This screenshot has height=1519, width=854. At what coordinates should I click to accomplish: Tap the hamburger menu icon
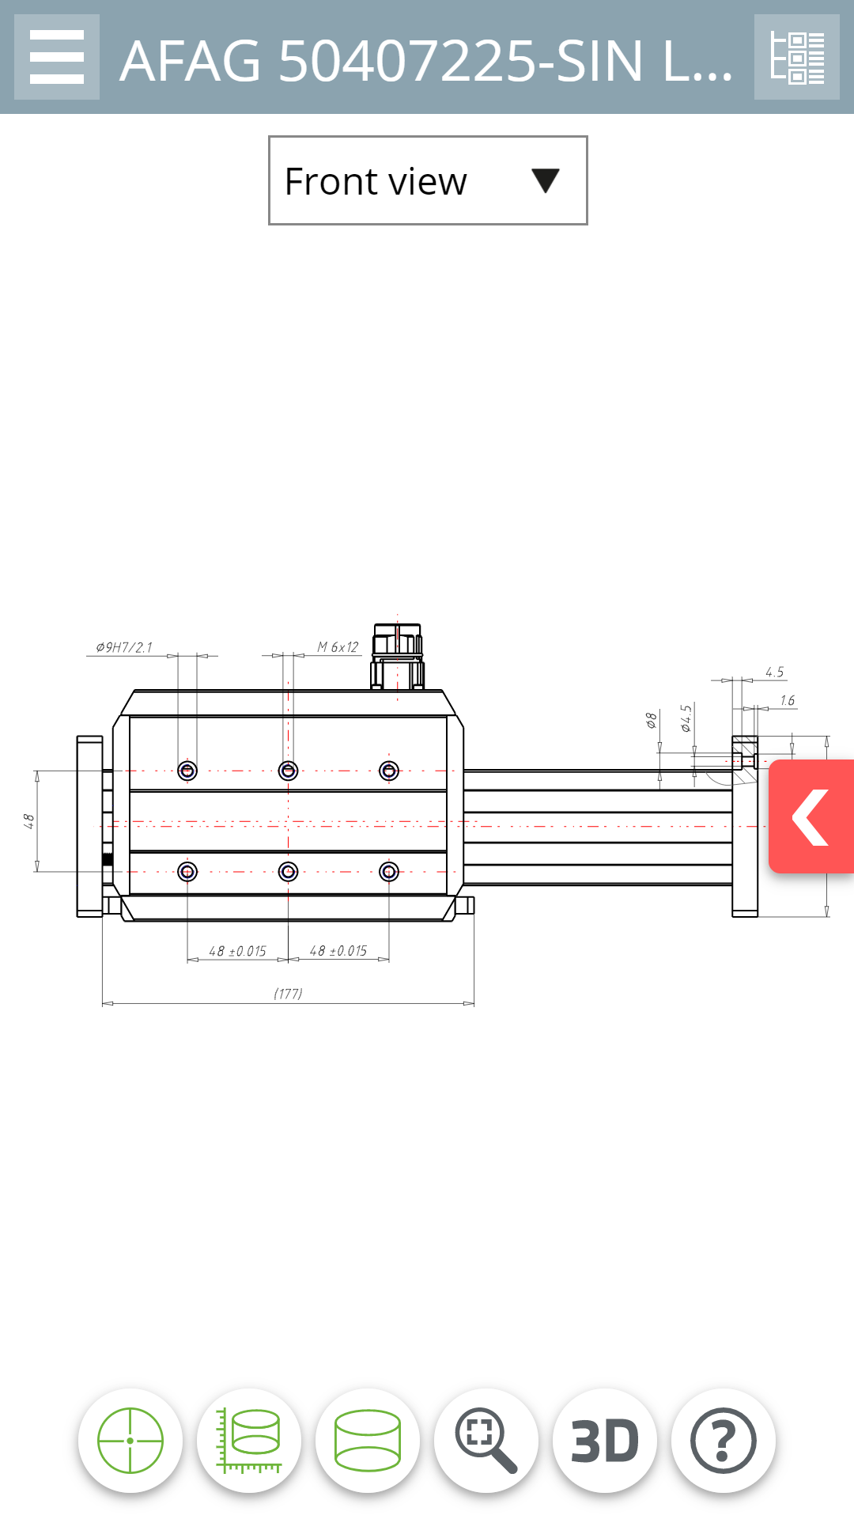point(57,57)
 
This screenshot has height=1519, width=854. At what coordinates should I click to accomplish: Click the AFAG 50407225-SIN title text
point(427,61)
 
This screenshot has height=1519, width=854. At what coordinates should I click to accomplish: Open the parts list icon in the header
point(797,57)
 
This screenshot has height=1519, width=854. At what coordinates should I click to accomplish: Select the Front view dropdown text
point(376,182)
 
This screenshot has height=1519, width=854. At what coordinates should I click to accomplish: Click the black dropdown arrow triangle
point(546,180)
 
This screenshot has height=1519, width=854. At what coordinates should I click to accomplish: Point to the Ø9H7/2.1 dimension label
point(124,647)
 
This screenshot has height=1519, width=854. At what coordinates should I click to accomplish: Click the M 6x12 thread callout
point(338,647)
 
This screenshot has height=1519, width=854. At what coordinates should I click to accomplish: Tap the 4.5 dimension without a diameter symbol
point(774,672)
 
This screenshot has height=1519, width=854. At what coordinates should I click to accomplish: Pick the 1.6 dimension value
point(787,700)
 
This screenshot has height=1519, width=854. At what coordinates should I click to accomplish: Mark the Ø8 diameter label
point(651,720)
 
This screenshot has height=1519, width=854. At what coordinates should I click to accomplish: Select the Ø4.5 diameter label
point(686,718)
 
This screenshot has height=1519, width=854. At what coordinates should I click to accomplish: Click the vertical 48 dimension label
point(28,821)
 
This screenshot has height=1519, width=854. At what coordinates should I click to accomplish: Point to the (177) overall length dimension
point(288,994)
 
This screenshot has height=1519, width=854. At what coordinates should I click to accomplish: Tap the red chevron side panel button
point(811,816)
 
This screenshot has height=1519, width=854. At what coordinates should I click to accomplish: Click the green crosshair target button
point(130,1441)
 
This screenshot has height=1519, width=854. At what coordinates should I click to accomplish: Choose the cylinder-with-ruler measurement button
point(249,1441)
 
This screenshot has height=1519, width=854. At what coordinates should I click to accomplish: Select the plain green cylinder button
point(368,1441)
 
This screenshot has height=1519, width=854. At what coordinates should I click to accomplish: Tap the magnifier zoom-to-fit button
point(486,1441)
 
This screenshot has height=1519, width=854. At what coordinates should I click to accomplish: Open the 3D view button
point(605,1441)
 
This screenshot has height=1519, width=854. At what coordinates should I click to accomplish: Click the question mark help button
point(724,1441)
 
